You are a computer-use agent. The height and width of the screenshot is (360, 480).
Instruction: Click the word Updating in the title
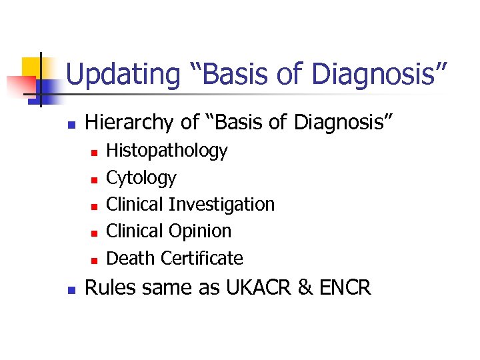coord(123,74)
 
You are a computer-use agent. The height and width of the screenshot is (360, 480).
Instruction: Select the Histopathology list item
coord(167,151)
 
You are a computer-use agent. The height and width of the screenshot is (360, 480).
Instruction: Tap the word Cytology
coord(141,178)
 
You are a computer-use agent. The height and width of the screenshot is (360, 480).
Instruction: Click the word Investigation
coord(222,204)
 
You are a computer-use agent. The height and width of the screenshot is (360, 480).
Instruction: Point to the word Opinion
coord(200,231)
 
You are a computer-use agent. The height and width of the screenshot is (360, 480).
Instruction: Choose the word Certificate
coord(202,258)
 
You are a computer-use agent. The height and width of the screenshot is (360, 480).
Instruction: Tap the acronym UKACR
coord(253,288)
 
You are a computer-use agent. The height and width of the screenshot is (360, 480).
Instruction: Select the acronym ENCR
coord(344,288)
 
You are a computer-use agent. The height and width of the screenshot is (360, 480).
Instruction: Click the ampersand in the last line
coord(305,288)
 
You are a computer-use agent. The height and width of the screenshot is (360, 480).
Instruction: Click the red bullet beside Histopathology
coord(94,153)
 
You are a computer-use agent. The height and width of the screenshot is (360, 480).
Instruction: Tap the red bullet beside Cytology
coord(94,179)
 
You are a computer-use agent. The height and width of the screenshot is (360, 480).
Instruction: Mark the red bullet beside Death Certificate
coord(94,259)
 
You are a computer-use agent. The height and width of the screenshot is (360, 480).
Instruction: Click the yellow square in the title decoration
coord(32,67)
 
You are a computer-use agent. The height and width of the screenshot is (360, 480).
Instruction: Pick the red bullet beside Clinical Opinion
coord(94,233)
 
